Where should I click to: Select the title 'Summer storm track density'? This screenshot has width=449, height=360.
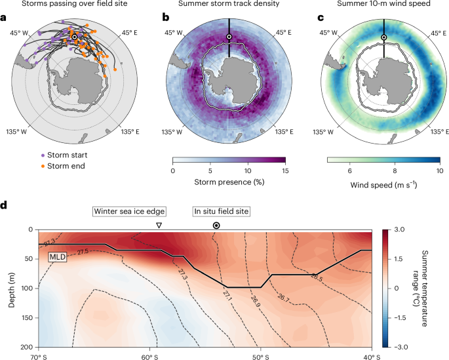229,6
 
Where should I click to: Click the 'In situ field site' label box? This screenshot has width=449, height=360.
223,211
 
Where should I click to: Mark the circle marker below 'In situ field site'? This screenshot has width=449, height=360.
216,225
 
